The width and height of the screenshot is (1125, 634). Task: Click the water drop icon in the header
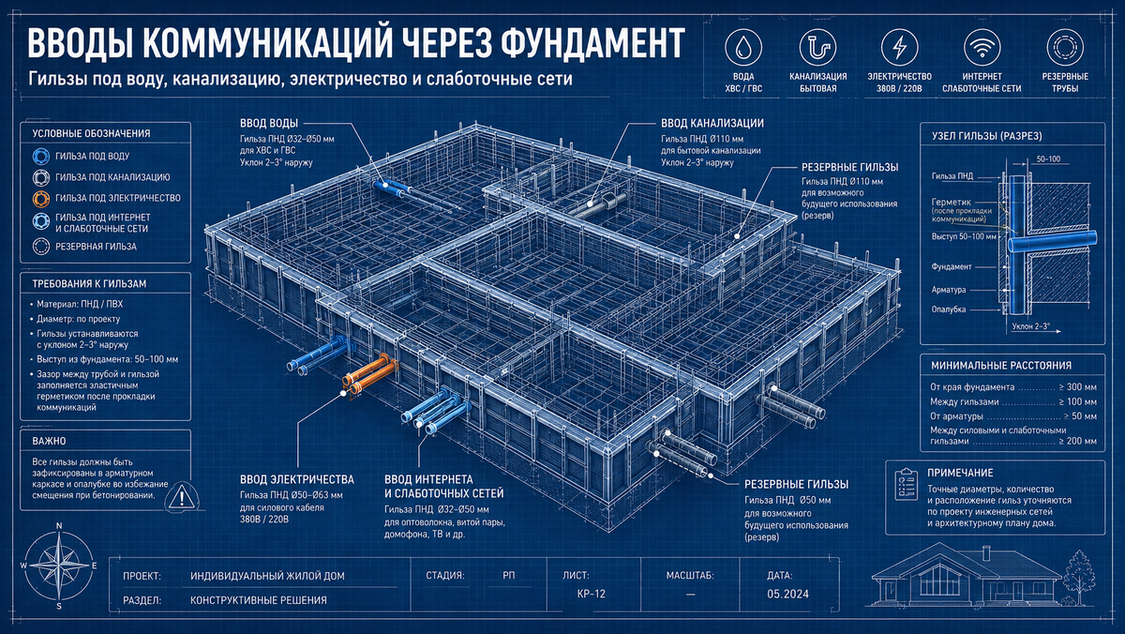pos(743,48)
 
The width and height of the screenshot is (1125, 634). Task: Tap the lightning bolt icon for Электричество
pos(899,48)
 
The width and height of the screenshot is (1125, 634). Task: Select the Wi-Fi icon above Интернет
pos(982,48)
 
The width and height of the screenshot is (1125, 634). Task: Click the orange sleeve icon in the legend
pos(41,199)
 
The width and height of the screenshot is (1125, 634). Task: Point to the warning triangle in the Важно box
pos(182,496)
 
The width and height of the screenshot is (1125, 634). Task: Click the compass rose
pos(59,566)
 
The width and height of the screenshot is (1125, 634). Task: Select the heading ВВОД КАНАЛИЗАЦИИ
pos(712,123)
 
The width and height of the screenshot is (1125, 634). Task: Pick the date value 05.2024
pos(787,595)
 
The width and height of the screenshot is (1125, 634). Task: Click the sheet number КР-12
pos(592,594)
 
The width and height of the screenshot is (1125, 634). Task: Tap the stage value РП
pos(509,575)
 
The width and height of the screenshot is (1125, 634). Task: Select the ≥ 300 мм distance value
pos(1077,387)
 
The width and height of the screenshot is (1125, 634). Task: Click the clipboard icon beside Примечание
pos(906,484)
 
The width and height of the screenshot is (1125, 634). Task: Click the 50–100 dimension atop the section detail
pos(1048,159)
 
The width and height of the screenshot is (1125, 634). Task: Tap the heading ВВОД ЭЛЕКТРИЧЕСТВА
pos(297,480)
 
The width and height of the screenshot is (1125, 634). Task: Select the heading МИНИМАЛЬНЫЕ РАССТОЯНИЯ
pos(1001,366)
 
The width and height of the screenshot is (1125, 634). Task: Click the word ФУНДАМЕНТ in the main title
pos(593,43)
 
